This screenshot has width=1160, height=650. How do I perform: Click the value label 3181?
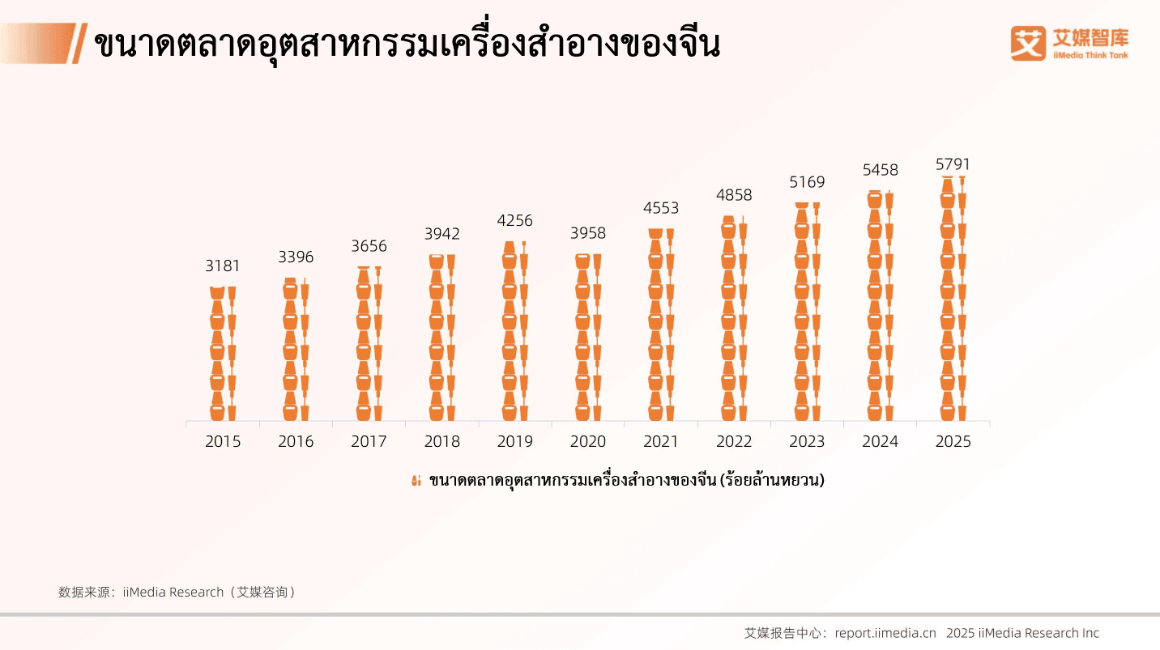pyautogui.click(x=223, y=266)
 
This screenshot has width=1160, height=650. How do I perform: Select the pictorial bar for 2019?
pyautogui.click(x=515, y=332)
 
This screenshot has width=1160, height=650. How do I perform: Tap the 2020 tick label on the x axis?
pyautogui.click(x=588, y=442)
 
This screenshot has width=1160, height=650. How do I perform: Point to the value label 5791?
pyautogui.click(x=953, y=164)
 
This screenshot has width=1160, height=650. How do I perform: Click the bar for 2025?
pyautogui.click(x=953, y=300)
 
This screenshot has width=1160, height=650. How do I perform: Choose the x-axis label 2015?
pyautogui.click(x=223, y=442)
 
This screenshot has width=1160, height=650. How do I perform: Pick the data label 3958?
pyautogui.click(x=588, y=234)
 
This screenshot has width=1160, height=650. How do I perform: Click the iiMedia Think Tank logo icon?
pyautogui.click(x=1028, y=43)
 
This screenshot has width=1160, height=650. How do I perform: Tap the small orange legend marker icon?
pyautogui.click(x=416, y=481)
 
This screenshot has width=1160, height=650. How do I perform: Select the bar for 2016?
pyautogui.click(x=296, y=350)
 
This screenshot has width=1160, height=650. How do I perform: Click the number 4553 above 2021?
pyautogui.click(x=661, y=208)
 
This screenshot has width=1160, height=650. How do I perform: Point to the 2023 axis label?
pyautogui.click(x=807, y=442)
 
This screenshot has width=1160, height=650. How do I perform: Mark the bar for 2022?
pyautogui.click(x=734, y=319)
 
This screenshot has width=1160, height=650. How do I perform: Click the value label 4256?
pyautogui.click(x=515, y=221)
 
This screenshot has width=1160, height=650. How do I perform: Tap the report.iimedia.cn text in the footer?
pyautogui.click(x=885, y=633)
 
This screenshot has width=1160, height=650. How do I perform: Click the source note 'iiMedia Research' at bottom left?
pyautogui.click(x=173, y=592)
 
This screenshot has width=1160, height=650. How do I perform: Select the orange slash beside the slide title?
pyautogui.click(x=79, y=43)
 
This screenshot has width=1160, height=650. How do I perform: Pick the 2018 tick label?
pyautogui.click(x=442, y=442)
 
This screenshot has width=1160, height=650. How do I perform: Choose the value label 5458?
pyautogui.click(x=880, y=171)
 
